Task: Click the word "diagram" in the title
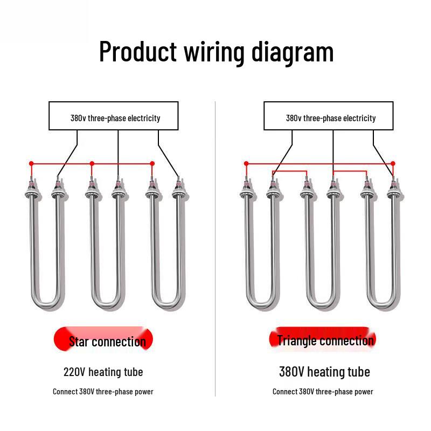coord(293,52)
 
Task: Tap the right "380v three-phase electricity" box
coord(328,116)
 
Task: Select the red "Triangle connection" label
coord(323,339)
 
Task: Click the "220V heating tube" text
coord(103,372)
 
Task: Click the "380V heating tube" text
coord(324,372)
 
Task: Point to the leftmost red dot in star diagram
coord(31,163)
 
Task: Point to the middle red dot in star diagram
coord(92,163)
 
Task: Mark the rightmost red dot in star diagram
coord(152,163)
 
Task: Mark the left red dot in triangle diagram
coord(246,163)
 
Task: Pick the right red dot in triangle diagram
coord(393,163)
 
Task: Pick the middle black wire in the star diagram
coord(118,154)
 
